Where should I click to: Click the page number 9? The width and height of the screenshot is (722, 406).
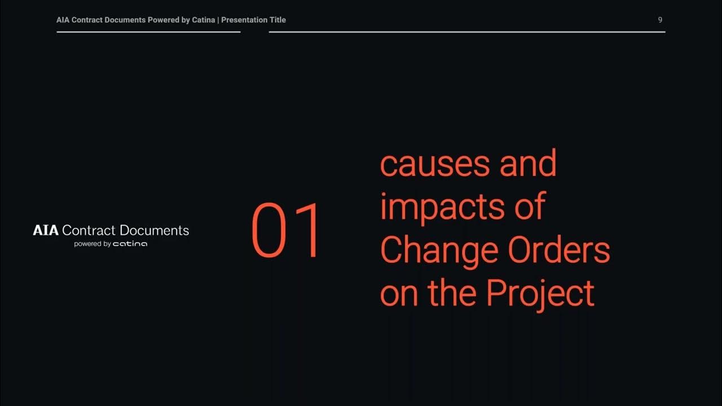[660, 20]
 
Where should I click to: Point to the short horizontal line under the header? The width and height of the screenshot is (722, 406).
[148, 32]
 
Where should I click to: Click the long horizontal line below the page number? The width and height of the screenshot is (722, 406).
[467, 32]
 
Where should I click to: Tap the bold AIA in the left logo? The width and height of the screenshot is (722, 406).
[46, 230]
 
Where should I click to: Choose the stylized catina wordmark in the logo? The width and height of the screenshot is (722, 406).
[130, 244]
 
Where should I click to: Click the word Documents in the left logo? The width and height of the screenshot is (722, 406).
[155, 230]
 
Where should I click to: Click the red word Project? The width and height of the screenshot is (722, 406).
[540, 293]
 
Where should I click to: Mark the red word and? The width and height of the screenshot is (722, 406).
[528, 163]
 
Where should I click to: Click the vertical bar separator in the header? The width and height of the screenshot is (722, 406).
[218, 20]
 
